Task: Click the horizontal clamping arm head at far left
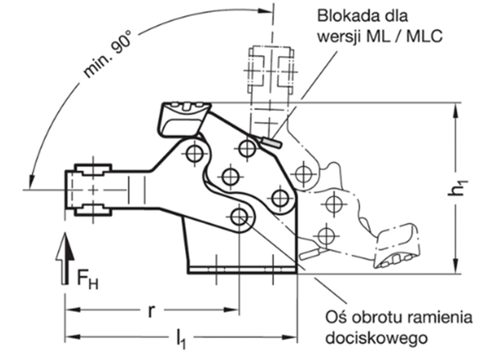90,190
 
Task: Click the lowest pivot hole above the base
238,217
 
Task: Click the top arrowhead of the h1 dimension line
455,109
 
